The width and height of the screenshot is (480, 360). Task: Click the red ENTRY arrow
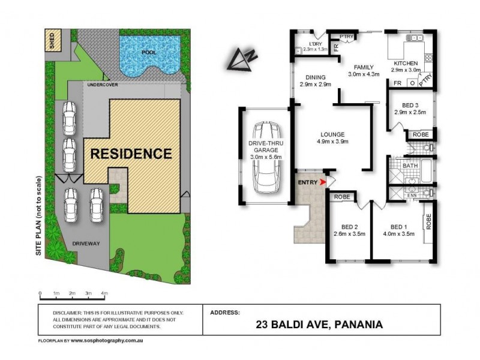click(324, 181)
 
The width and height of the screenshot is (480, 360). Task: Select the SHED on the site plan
click(52, 41)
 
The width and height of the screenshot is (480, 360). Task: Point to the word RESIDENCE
click(131, 154)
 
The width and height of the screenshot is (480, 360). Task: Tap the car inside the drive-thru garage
click(266, 157)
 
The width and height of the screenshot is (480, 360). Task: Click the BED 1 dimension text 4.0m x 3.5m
click(398, 234)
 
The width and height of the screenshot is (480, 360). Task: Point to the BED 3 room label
click(402, 104)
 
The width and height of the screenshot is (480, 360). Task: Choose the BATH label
click(410, 165)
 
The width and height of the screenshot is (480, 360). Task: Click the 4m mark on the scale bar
click(104, 293)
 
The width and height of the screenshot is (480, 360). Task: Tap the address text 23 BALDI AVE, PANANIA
click(320, 326)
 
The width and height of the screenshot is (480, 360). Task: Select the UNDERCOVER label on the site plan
click(102, 85)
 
